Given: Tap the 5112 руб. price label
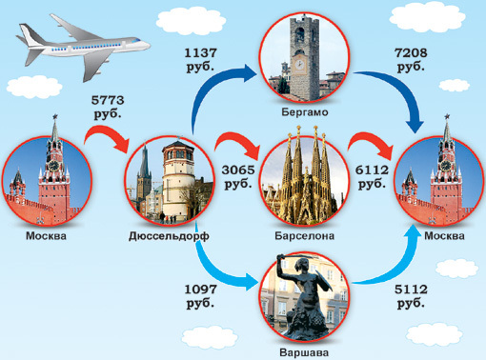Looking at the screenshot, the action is pyautogui.click(x=411, y=294).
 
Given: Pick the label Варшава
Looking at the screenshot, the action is pyautogui.click(x=302, y=351).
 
